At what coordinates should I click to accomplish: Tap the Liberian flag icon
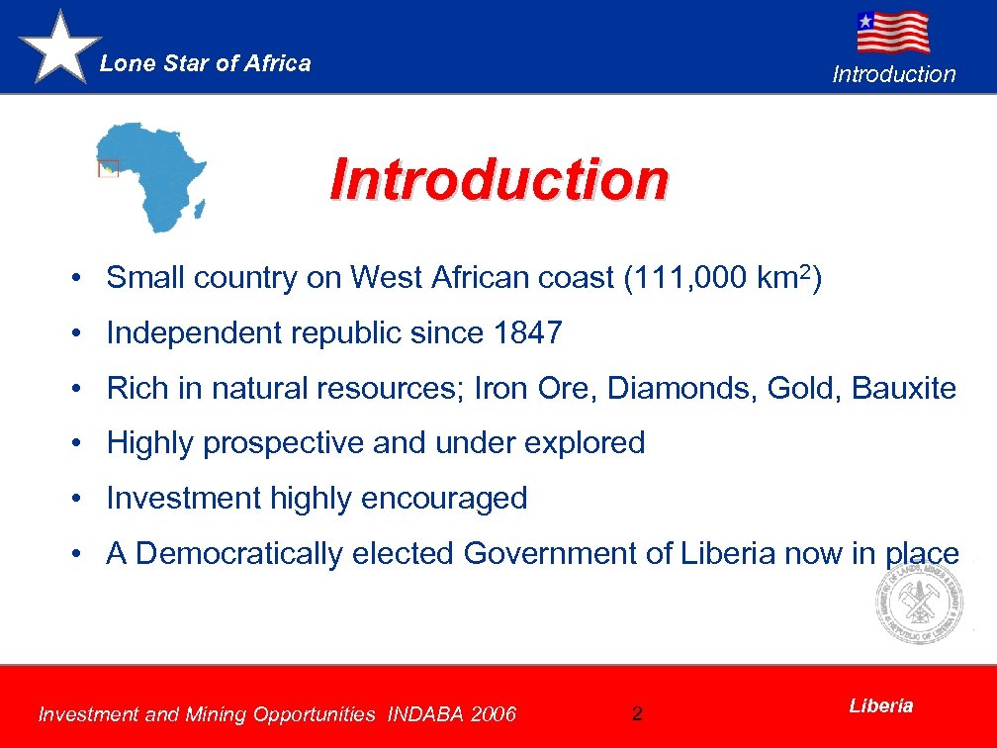point(892,32)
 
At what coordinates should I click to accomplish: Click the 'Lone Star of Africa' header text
point(206,63)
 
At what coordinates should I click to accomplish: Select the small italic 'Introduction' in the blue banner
point(894,74)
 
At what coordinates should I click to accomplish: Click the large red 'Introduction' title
point(499,180)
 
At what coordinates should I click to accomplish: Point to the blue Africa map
point(153,173)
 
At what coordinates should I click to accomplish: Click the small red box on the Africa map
point(108,168)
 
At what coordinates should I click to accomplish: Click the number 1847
point(526,333)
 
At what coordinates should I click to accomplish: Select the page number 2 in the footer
point(637,713)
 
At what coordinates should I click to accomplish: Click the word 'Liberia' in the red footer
point(881,705)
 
